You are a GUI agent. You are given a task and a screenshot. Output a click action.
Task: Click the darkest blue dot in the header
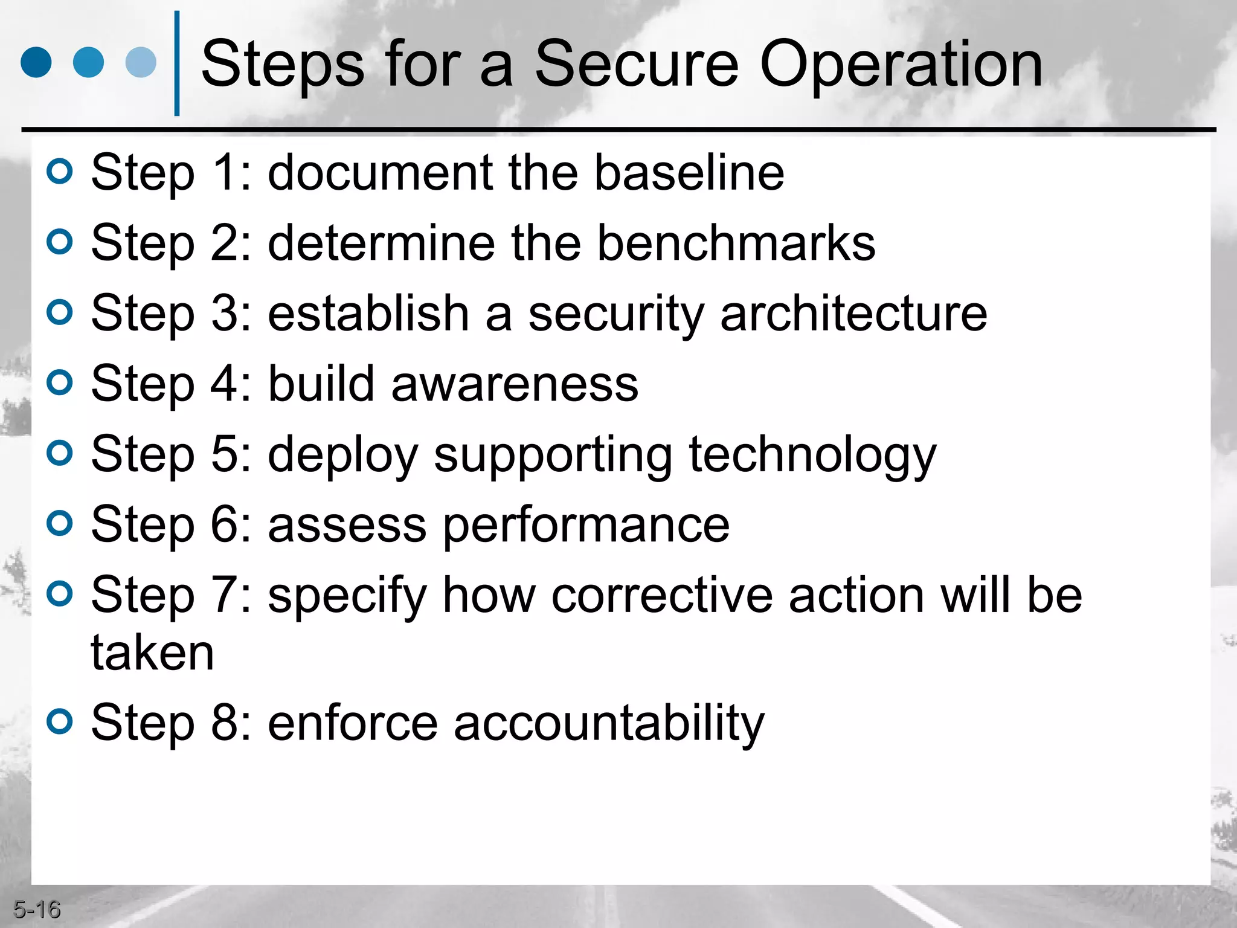point(36,62)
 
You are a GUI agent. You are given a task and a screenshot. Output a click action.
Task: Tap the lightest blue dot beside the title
point(141,62)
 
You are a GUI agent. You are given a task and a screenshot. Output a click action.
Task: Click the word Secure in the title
point(637,64)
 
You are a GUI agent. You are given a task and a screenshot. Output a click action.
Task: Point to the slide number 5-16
point(37,909)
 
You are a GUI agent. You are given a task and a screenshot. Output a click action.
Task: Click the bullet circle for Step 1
point(60,172)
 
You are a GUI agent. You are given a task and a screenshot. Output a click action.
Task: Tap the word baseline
point(689,173)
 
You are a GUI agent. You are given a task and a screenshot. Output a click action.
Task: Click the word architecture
point(853,314)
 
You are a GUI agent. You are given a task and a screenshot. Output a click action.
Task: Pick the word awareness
point(515,384)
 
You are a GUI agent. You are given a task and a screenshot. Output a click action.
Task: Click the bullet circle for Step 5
point(60,453)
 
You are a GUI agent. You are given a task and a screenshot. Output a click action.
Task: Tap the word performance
point(586,526)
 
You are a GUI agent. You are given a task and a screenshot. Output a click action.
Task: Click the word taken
point(152,653)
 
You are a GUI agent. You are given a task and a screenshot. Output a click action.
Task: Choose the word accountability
point(609,724)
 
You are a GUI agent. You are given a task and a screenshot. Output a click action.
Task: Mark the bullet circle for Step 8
point(60,721)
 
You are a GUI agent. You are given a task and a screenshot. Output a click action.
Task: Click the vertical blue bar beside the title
point(177,63)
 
